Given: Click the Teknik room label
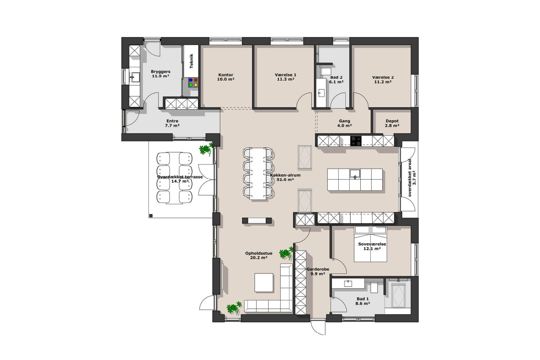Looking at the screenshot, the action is (191, 61).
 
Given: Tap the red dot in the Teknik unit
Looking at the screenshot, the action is (196, 80).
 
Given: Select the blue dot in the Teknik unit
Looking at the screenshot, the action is (191, 80).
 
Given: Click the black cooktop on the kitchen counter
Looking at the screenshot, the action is (356, 141).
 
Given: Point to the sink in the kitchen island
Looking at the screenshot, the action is (355, 174).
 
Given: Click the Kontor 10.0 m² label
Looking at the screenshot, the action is (226, 77).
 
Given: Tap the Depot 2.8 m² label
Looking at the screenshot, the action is (392, 123).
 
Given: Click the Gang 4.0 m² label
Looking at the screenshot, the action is (344, 123).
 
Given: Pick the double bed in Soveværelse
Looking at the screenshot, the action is (370, 244).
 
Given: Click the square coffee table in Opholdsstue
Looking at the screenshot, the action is (264, 282).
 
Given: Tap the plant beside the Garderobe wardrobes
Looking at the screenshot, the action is (286, 253).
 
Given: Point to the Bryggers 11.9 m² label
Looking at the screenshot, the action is (160, 74).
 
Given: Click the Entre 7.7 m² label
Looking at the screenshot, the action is (172, 123).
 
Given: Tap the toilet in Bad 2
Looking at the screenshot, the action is (325, 71).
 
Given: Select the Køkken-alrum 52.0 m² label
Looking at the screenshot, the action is (285, 177).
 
